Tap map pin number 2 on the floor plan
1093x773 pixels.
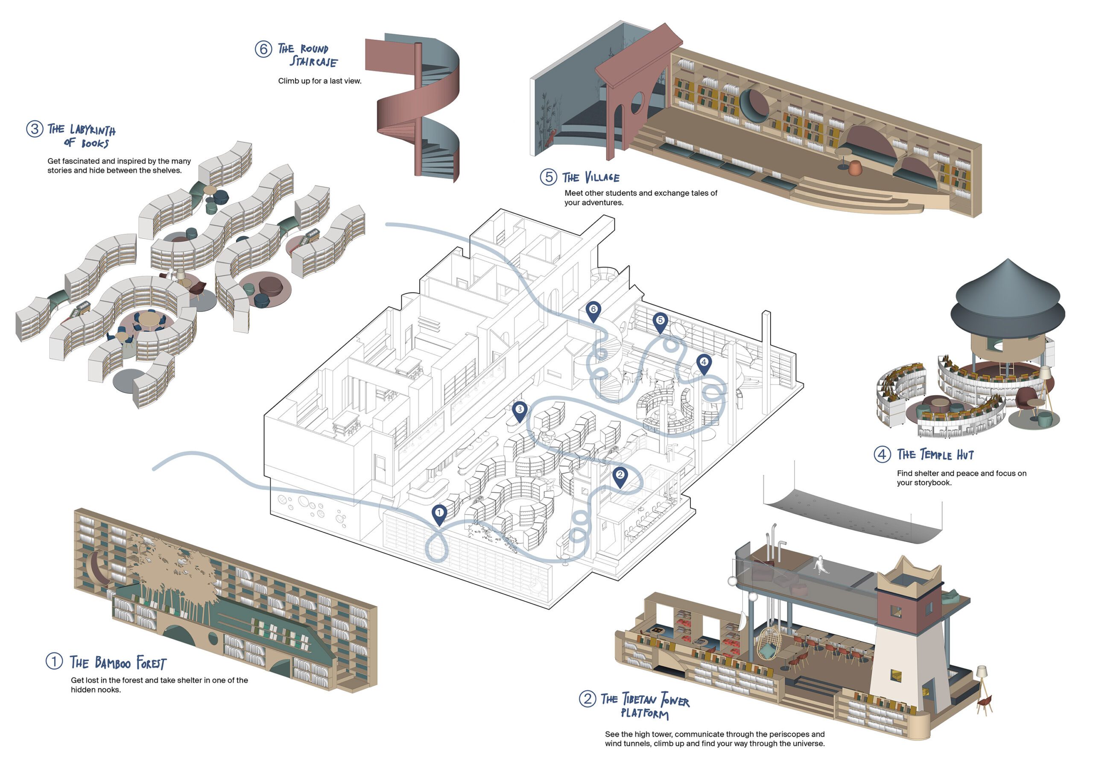click(620, 475)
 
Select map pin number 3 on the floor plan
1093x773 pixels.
click(519, 410)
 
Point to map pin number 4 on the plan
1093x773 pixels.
click(704, 363)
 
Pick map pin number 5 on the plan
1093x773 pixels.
click(660, 321)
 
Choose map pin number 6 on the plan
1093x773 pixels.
click(593, 310)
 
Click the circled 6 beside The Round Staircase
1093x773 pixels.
click(263, 49)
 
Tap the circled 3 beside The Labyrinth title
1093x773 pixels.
click(34, 129)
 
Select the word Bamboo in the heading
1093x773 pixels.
click(112, 662)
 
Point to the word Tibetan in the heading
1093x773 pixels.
click(638, 700)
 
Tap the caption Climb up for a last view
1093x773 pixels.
click(319, 81)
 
